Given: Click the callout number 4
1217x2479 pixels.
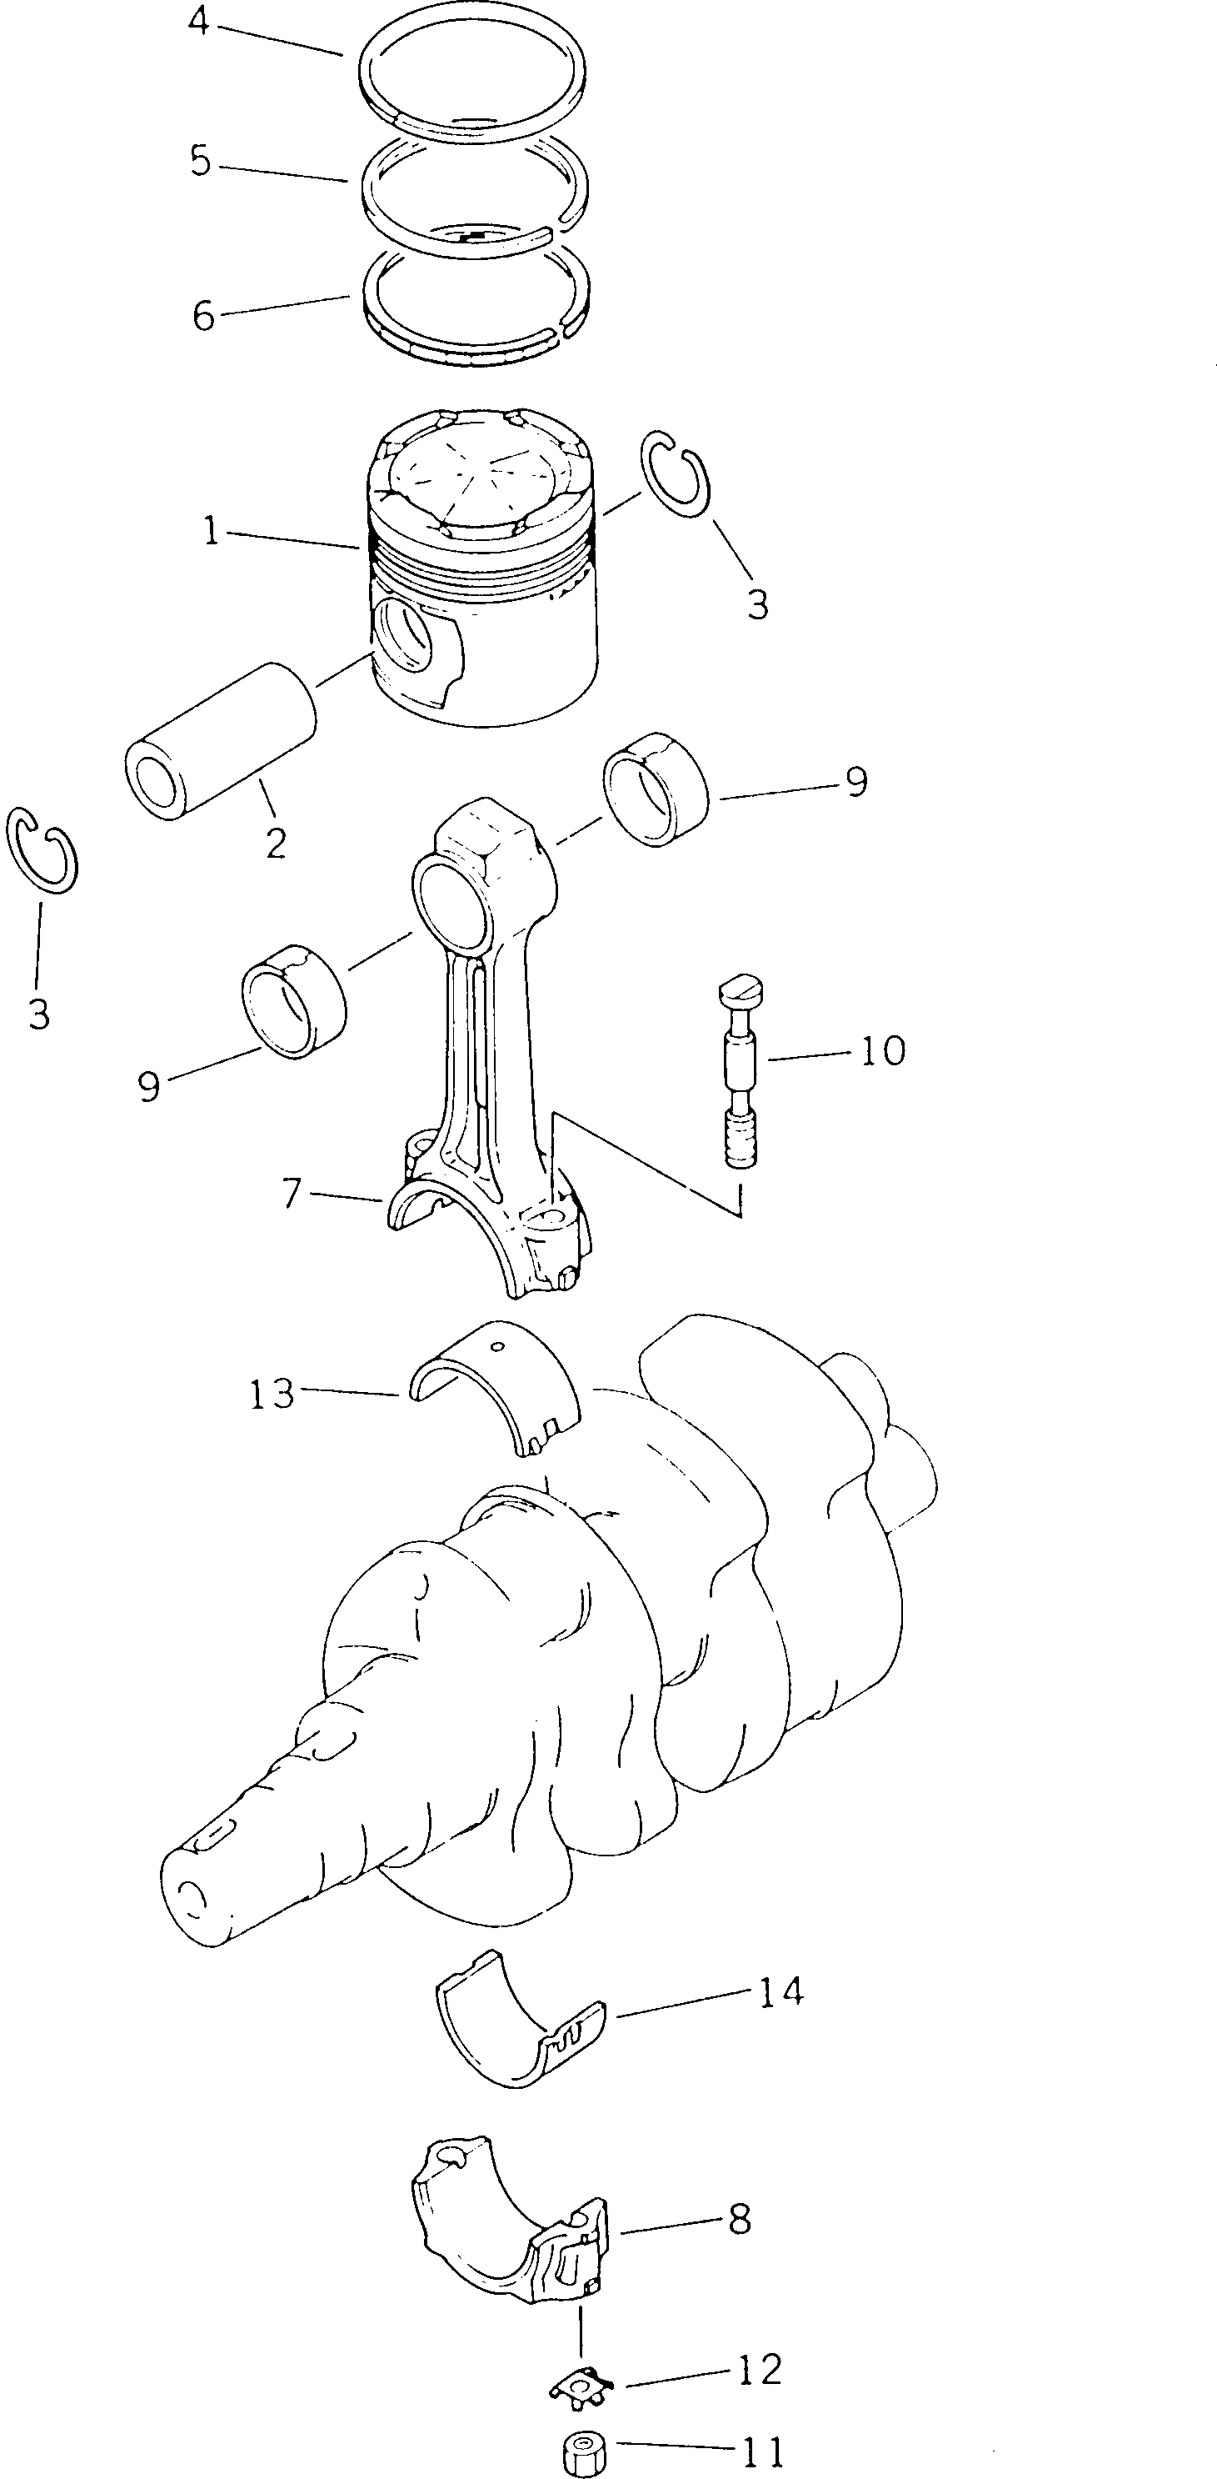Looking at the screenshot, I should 198,21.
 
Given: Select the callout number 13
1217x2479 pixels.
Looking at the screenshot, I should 272,1394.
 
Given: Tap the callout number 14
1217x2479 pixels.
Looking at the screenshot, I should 781,1991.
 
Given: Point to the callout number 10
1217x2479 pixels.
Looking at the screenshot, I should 882,1050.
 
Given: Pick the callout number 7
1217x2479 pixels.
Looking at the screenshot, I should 292,1194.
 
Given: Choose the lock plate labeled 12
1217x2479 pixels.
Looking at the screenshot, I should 582,2378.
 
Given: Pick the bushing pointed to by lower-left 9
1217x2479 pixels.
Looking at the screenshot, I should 294,1001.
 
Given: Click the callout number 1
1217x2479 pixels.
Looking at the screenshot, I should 211,531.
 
